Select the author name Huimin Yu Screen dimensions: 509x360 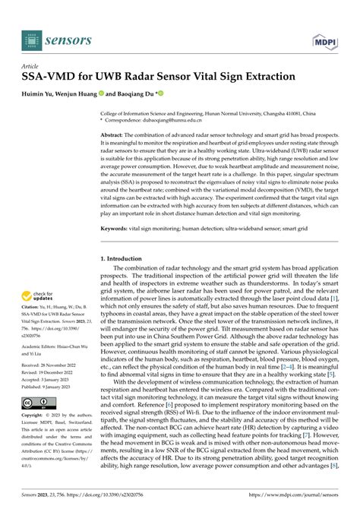point(42,95)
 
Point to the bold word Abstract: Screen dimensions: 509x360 point(117,134)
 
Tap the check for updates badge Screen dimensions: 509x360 point(44,297)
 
